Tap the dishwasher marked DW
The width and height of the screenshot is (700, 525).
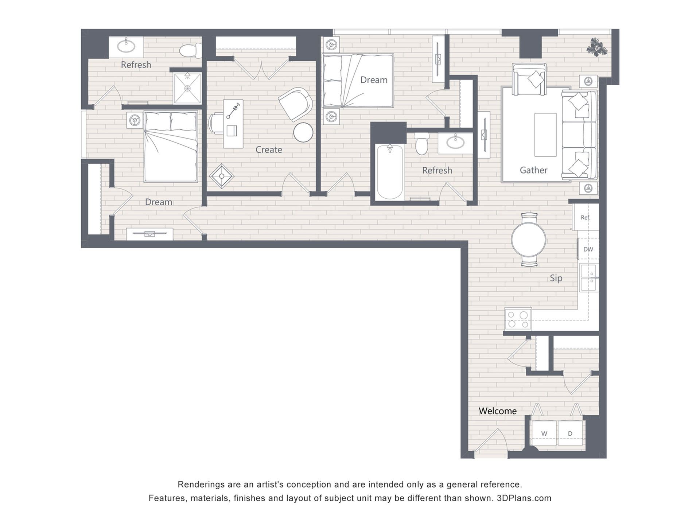588,249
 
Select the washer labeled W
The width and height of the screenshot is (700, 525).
544,433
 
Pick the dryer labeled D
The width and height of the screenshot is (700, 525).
570,433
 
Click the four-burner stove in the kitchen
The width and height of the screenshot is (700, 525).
518,319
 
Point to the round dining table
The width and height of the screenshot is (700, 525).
529,240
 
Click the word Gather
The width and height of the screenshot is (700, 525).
533,170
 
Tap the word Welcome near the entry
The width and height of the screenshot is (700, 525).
498,411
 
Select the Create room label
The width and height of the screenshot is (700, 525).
269,149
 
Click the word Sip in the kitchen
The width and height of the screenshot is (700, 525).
556,278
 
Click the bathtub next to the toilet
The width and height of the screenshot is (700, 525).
389,172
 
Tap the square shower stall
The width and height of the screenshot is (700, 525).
187,88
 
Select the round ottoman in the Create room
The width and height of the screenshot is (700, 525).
303,132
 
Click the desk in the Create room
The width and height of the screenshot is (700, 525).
233,124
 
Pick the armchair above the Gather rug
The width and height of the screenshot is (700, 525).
529,79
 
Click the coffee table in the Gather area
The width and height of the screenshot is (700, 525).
545,135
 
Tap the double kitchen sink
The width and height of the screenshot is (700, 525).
589,278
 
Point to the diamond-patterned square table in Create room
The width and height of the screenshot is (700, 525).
222,176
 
